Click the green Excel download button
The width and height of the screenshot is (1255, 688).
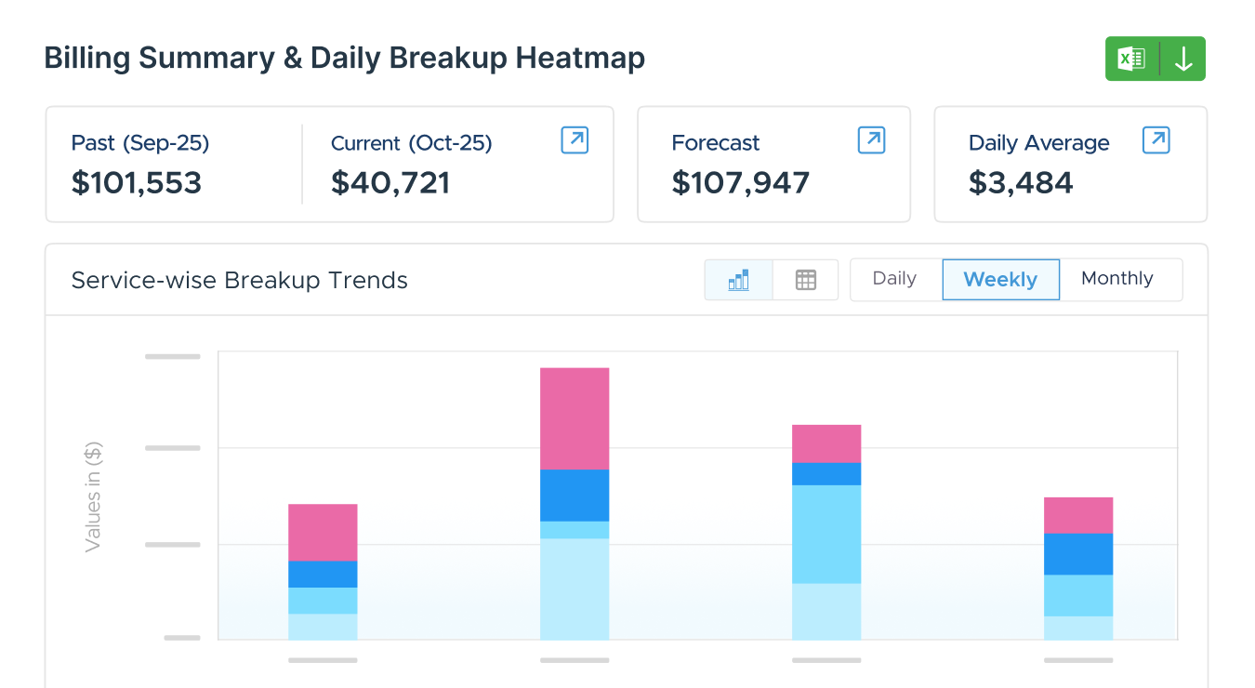pyautogui.click(x=1155, y=59)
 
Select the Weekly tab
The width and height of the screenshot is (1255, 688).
pyautogui.click(x=1000, y=280)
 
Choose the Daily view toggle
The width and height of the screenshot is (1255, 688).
pyautogui.click(x=894, y=279)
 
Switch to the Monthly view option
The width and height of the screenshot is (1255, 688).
pyautogui.click(x=1116, y=279)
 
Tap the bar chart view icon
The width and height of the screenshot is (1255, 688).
pyautogui.click(x=738, y=280)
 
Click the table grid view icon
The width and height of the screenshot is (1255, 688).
pyautogui.click(x=805, y=280)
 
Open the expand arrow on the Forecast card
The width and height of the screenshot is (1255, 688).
pyautogui.click(x=871, y=140)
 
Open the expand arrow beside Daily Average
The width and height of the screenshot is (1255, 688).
pyautogui.click(x=1156, y=140)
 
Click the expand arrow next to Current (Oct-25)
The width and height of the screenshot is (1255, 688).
pyautogui.click(x=575, y=140)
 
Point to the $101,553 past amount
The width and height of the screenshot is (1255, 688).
pyautogui.click(x=137, y=183)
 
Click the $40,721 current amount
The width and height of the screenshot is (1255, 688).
pyautogui.click(x=390, y=183)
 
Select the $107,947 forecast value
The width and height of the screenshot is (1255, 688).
pyautogui.click(x=740, y=183)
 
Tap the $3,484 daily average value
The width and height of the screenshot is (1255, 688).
pyautogui.click(x=1021, y=183)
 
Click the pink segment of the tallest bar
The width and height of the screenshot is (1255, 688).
pyautogui.click(x=575, y=418)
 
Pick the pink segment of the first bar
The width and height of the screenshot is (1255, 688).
pyautogui.click(x=323, y=532)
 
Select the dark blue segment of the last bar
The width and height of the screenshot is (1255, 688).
pyautogui.click(x=1078, y=553)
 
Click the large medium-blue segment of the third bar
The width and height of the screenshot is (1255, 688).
pyautogui.click(x=826, y=534)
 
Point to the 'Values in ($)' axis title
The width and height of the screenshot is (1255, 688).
pyautogui.click(x=93, y=497)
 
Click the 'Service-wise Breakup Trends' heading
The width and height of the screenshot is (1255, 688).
pyautogui.click(x=240, y=280)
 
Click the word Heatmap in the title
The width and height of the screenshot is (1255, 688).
pyautogui.click(x=580, y=59)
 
